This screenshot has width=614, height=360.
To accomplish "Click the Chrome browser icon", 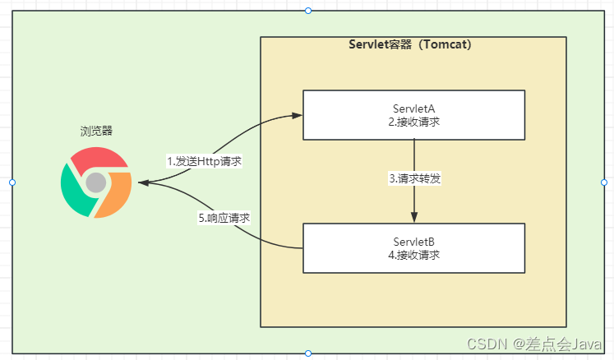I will pos(96,182).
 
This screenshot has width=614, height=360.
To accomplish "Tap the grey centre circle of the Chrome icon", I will pos(97,182).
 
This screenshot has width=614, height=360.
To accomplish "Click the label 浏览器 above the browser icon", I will pos(96,131).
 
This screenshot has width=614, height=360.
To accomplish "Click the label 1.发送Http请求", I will pos(204,161).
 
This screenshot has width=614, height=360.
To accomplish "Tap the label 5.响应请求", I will pos(224,219).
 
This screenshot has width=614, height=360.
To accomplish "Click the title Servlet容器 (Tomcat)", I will pos(410,45).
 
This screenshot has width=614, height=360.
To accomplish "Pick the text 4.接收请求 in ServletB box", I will pos(413,255).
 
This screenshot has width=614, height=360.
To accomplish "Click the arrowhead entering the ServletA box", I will pos(297,115).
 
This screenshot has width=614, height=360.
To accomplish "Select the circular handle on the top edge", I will pos(308,11).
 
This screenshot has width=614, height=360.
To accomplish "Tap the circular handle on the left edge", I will pos(12,182).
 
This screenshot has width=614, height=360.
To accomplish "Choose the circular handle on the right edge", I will pos(603,182).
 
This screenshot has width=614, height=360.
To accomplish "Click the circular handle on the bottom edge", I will pos(308,353).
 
